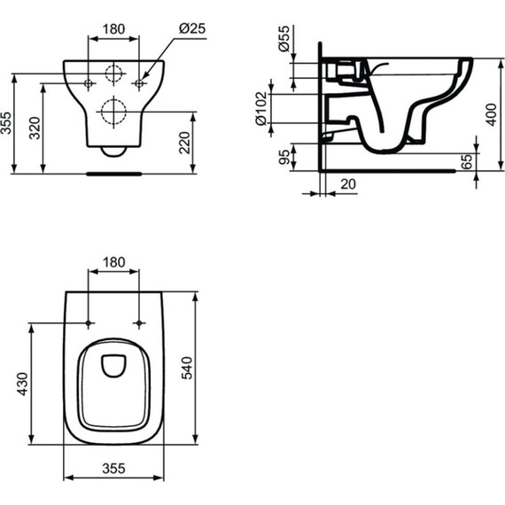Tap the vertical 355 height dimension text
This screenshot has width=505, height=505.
(x=6, y=125)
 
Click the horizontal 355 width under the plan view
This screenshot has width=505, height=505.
(x=114, y=468)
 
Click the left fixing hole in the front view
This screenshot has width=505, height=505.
(x=90, y=84)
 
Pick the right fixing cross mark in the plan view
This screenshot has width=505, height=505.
(x=139, y=322)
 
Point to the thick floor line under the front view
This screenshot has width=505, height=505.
(x=114, y=175)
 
